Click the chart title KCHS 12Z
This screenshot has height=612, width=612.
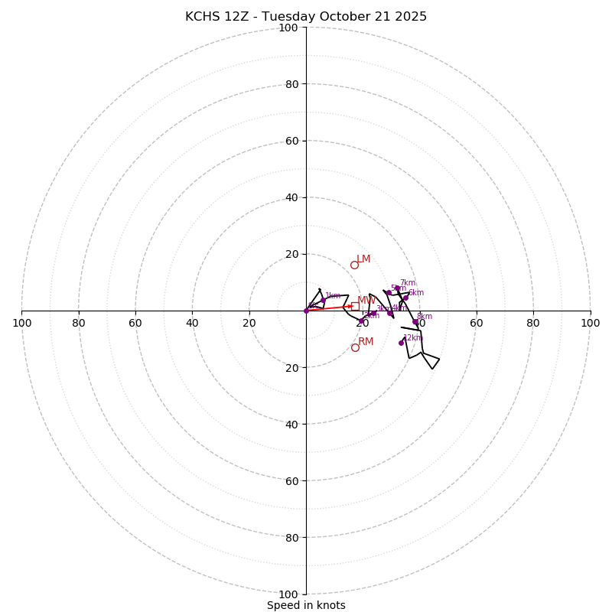click(x=306, y=17)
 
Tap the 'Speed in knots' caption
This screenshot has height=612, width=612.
click(x=306, y=605)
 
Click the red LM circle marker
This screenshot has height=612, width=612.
click(x=354, y=265)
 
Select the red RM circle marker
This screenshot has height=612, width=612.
click(x=355, y=347)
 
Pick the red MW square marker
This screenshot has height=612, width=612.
click(x=355, y=306)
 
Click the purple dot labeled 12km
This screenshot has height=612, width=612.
click(x=401, y=343)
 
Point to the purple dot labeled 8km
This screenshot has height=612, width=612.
click(x=415, y=322)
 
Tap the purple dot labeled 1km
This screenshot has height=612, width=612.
click(x=324, y=301)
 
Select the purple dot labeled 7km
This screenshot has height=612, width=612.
click(x=397, y=288)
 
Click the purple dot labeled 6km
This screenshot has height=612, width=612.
click(x=405, y=298)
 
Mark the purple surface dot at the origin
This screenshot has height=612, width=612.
click(x=306, y=311)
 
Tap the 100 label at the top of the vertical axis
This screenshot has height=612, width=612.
click(x=288, y=28)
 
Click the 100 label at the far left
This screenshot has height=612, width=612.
click(x=22, y=323)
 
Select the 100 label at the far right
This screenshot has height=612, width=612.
click(x=590, y=323)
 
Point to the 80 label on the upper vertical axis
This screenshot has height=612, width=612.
click(x=291, y=84)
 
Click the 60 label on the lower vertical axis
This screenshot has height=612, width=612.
click(x=291, y=480)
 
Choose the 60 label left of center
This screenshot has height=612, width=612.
click(x=135, y=323)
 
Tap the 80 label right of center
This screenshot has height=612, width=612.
click(x=533, y=323)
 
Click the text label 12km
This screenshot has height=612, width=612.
click(x=412, y=337)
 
